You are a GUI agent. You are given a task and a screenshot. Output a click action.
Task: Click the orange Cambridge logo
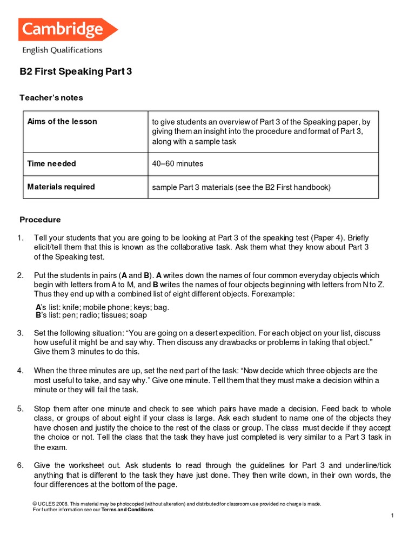click(68, 29)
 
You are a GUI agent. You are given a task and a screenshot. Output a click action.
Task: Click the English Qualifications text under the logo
click(62, 50)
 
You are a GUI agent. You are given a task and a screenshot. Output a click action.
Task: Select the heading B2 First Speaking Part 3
click(76, 71)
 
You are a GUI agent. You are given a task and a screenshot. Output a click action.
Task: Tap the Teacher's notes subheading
click(51, 98)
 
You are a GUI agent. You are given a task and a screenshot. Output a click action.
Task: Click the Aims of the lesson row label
click(62, 121)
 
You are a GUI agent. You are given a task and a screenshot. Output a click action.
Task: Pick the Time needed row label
click(52, 163)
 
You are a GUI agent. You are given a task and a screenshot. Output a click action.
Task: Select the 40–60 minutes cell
click(178, 163)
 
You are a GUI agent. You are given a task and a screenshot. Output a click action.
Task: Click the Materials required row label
click(61, 187)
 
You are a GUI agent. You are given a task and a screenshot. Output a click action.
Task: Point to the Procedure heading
click(41, 220)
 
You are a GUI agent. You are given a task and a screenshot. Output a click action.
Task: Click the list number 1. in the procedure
click(21, 238)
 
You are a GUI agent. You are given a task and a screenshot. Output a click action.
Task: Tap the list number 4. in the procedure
click(21, 371)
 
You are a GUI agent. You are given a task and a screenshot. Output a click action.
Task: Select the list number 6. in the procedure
click(21, 465)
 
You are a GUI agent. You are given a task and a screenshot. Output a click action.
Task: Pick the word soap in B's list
click(139, 315)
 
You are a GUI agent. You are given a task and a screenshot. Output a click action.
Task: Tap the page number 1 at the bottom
click(393, 517)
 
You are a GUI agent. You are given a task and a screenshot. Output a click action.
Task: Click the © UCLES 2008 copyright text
click(51, 504)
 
